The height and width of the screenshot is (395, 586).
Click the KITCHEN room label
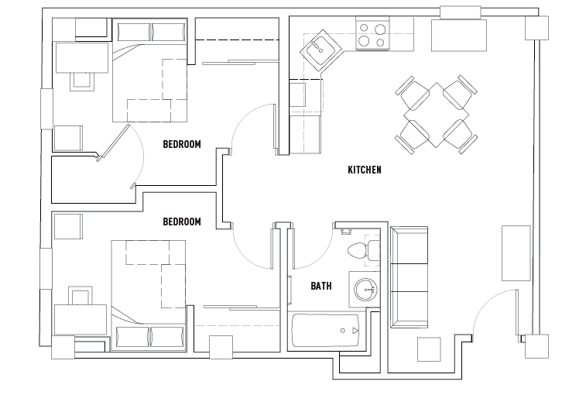tap(364, 170)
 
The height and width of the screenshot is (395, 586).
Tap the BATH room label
tap(321, 286)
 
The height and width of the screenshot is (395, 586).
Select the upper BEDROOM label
tap(182, 144)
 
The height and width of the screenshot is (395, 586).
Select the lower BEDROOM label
tap(182, 222)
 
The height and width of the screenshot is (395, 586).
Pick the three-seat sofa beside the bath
tap(410, 276)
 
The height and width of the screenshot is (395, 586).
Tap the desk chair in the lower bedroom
tap(81, 297)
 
